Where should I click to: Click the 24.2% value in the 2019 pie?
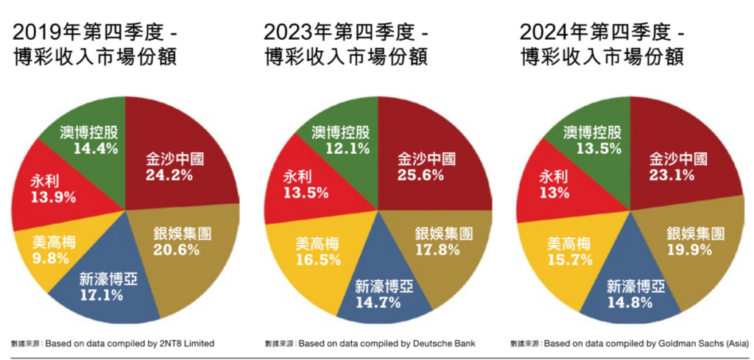[169, 175]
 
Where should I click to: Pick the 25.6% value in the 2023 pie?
[421, 175]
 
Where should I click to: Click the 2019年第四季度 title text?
[85, 32]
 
